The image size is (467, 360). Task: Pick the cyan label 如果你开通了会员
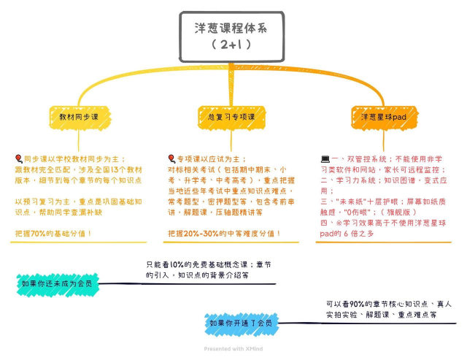click(240, 322)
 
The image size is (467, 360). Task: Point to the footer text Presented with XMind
click(233, 348)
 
